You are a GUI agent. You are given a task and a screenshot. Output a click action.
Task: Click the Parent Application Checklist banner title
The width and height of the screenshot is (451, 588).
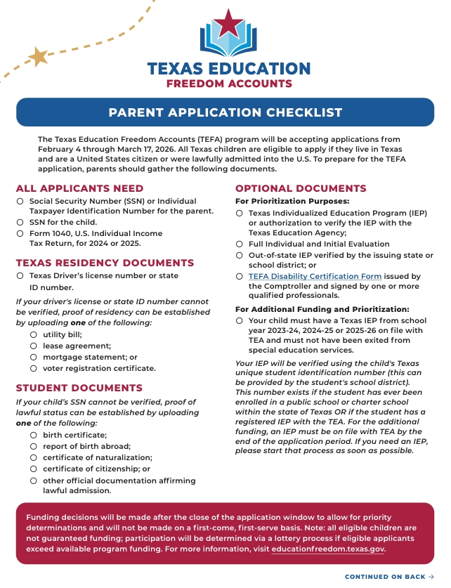click(x=225, y=112)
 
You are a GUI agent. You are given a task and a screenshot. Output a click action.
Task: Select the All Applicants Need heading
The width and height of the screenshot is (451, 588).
click(x=79, y=188)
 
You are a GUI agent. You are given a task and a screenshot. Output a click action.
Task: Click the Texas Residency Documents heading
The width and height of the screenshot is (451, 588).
click(x=105, y=263)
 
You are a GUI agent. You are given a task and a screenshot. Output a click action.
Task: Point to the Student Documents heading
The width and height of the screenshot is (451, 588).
click(x=79, y=388)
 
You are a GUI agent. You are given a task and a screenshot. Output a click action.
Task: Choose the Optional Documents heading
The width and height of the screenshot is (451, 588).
click(x=301, y=188)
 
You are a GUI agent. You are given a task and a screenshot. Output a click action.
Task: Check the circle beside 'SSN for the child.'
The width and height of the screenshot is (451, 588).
click(x=20, y=222)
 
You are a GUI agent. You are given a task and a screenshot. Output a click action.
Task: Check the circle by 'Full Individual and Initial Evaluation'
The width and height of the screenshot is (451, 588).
click(x=240, y=244)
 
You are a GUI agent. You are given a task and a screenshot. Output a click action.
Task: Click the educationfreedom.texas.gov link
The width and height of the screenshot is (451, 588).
click(x=328, y=549)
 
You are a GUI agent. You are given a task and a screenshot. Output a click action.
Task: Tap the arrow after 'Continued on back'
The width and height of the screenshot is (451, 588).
click(x=431, y=577)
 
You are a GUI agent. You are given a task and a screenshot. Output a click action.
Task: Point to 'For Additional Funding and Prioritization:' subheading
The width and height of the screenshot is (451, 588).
click(x=322, y=309)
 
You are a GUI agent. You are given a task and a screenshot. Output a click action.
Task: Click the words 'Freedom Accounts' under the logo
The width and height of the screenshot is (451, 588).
click(x=228, y=84)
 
